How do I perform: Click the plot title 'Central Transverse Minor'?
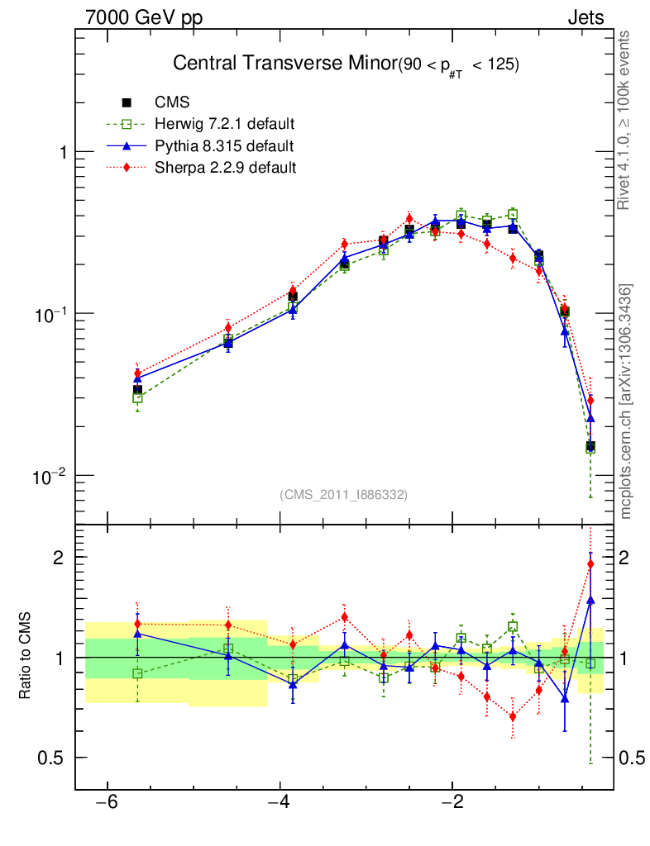point(284,64)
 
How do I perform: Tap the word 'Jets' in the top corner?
point(585,17)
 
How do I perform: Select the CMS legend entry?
point(172,102)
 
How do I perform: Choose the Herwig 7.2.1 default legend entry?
point(224,125)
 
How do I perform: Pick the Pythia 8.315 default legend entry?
point(224,146)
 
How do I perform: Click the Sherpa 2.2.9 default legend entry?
point(224,168)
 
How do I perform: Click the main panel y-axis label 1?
point(61,153)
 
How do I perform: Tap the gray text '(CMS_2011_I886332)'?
point(344,495)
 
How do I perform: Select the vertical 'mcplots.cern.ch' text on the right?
point(625,401)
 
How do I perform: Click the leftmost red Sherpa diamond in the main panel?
point(138,373)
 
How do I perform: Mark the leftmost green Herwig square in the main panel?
point(138,397)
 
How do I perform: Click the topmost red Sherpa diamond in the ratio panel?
point(590,564)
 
